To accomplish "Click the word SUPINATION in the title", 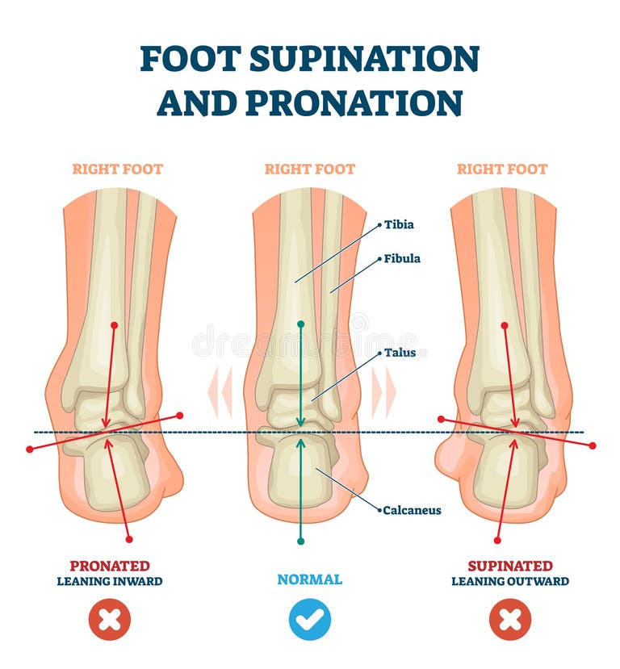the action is point(364,58).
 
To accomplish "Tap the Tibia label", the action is point(399,224).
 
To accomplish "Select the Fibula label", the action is point(401,258).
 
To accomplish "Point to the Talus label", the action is point(400,353).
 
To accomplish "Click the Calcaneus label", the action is point(412,510).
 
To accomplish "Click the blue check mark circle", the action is point(310,619).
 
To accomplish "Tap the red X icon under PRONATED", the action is point(110,619).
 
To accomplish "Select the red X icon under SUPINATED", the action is point(510,619).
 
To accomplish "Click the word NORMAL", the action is point(310,579).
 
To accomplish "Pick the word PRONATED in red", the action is point(110,566).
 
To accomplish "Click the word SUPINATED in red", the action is point(510,566).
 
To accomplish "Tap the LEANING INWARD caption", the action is point(110,581).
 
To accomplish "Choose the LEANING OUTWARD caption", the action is point(510,581).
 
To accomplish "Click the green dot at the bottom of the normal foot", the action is point(300,541).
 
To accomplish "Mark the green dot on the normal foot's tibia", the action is point(300,324).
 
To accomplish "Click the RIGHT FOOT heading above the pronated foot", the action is point(117,169).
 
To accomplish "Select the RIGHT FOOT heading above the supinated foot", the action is point(502,169).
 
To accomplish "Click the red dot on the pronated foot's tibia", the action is point(114,325).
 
